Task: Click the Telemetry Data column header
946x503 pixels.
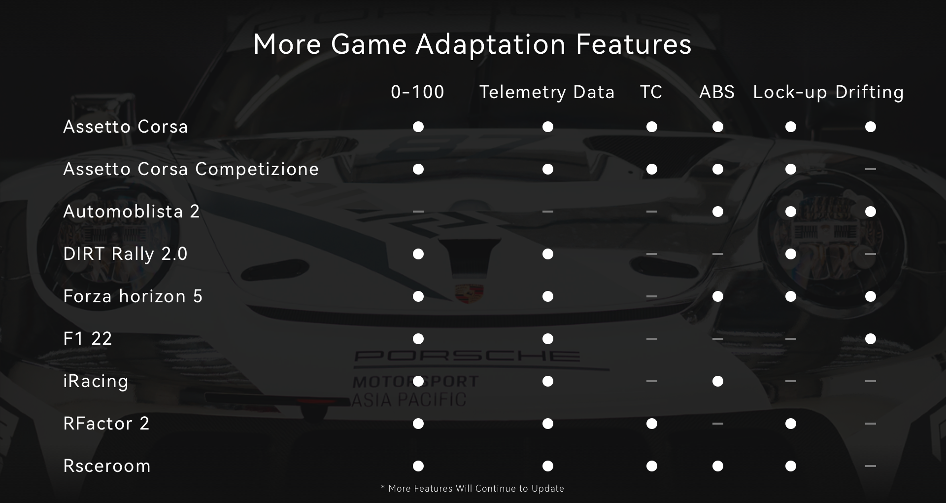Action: click(x=547, y=92)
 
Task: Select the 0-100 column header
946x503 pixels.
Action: click(x=418, y=92)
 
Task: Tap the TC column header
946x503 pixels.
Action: click(x=651, y=92)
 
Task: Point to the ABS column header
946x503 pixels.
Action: click(x=717, y=92)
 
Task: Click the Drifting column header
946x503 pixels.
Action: click(x=870, y=92)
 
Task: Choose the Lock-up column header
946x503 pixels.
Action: click(x=790, y=92)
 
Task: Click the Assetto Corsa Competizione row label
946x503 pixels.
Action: click(x=191, y=169)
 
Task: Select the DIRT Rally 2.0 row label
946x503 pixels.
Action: click(x=125, y=254)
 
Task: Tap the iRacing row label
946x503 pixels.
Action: click(x=96, y=381)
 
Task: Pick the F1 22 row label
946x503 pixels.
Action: click(x=88, y=339)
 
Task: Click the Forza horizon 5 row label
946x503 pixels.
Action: click(x=133, y=296)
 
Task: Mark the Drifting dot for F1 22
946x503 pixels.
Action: click(x=871, y=339)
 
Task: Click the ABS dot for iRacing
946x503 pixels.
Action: click(x=718, y=381)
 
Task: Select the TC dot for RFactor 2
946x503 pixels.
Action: click(x=652, y=424)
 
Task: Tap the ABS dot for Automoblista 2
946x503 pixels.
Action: click(x=718, y=212)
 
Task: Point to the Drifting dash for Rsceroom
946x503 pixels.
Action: click(x=871, y=466)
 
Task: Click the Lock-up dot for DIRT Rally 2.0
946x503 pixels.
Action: click(x=791, y=254)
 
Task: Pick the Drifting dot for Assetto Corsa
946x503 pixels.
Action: click(x=871, y=127)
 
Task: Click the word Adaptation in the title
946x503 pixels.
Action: click(x=491, y=45)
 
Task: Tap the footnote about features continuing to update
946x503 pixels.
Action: click(x=473, y=489)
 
